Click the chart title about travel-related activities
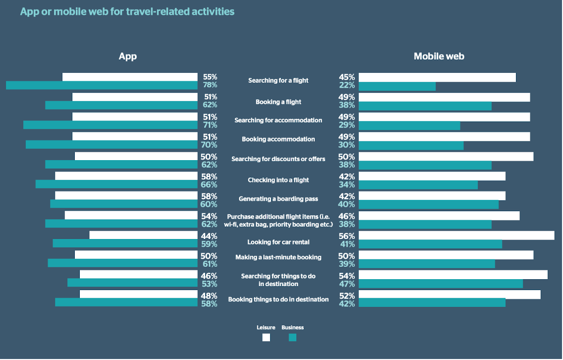(x=127, y=11)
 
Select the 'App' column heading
(x=127, y=56)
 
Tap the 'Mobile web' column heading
(x=439, y=56)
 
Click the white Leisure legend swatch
(x=266, y=338)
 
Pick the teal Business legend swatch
(x=292, y=338)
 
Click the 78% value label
(x=210, y=85)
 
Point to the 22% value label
(x=347, y=85)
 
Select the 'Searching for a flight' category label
(x=278, y=80)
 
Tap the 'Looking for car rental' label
(x=278, y=242)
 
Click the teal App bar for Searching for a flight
(x=102, y=85)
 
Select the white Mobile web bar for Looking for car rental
(x=456, y=236)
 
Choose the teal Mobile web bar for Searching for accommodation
(x=409, y=125)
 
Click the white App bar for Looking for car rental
(x=143, y=236)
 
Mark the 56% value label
(x=347, y=236)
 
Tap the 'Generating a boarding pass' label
(x=278, y=199)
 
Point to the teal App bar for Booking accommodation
(x=112, y=145)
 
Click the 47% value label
(x=347, y=284)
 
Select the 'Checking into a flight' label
(x=278, y=180)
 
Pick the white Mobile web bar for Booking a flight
(x=444, y=97)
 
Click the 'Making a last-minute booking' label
(x=278, y=257)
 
